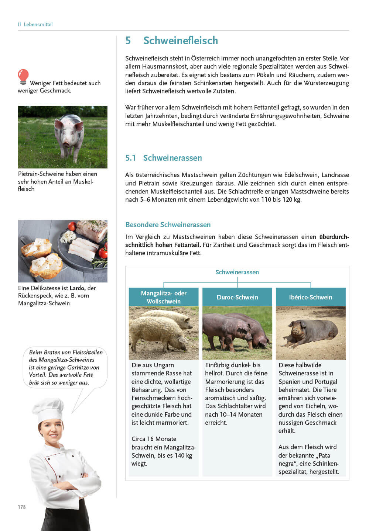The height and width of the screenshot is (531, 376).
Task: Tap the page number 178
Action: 22,507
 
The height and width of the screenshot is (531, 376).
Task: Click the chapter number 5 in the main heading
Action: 128,41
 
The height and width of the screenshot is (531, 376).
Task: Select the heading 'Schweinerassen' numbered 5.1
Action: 172,158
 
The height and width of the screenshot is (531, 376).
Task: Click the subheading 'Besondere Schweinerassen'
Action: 168,225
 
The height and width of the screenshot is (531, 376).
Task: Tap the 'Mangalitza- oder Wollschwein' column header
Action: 164,297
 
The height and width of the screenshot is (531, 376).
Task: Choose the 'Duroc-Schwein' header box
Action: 237,297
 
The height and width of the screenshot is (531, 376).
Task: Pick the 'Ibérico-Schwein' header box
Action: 310,297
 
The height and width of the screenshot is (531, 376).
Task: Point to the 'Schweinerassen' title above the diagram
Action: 237,272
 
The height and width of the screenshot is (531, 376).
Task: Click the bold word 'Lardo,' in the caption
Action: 78,288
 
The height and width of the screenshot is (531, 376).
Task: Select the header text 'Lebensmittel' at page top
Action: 38,24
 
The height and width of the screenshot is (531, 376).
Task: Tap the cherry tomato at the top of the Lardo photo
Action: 72,226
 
